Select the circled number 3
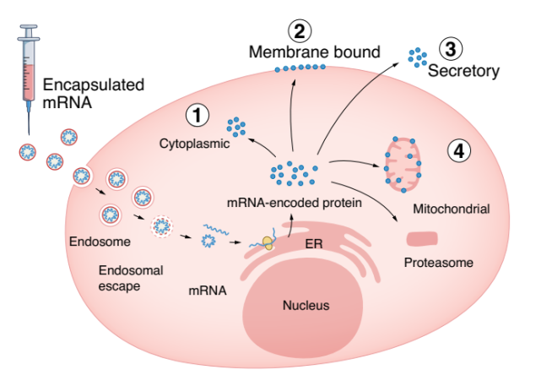click(x=452, y=48)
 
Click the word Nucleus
click(x=305, y=305)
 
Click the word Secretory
click(x=463, y=71)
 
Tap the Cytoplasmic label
click(x=195, y=144)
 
